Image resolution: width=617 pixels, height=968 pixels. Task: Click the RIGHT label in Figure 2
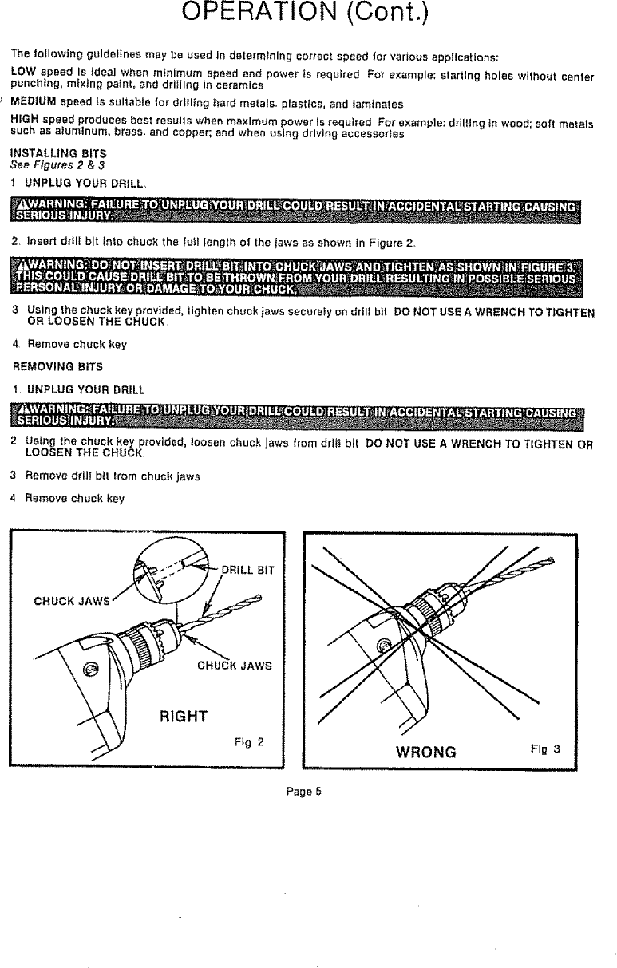pos(184,715)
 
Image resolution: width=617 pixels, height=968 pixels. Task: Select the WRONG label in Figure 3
pos(426,751)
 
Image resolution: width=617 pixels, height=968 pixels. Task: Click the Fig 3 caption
pos(545,749)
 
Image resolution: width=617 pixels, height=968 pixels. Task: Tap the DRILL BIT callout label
pos(247,569)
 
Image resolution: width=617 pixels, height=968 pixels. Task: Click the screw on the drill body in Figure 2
pos(92,668)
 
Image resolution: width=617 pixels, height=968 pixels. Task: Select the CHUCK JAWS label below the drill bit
pos(234,668)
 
